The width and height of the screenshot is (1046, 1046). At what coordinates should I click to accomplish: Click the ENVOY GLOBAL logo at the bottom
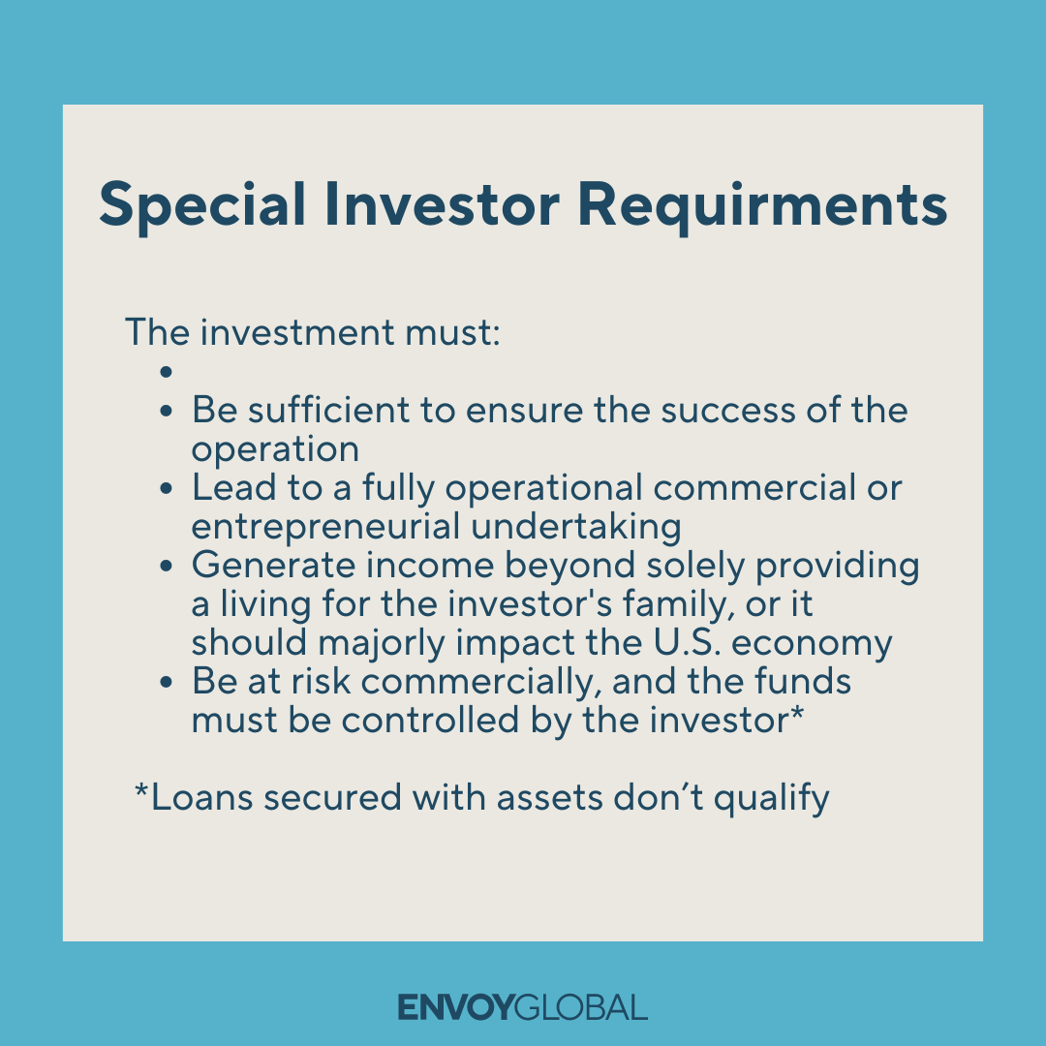(x=523, y=1007)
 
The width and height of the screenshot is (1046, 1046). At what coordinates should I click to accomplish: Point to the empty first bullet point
(x=167, y=372)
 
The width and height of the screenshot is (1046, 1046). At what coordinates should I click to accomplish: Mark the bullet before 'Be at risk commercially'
(x=167, y=683)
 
